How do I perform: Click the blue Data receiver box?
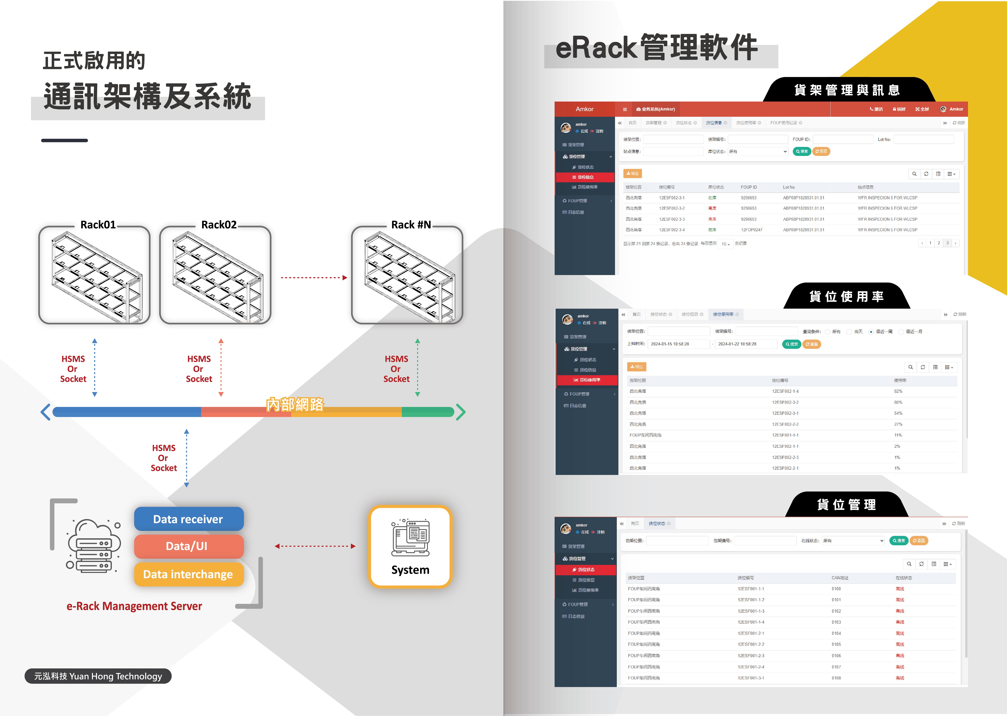pos(188,519)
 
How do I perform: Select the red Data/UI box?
pos(188,546)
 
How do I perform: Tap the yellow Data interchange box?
pos(188,574)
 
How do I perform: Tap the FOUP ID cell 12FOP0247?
pos(752,230)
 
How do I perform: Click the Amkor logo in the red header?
pos(584,109)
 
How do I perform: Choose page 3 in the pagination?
pos(947,243)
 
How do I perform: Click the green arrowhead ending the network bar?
pos(461,412)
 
